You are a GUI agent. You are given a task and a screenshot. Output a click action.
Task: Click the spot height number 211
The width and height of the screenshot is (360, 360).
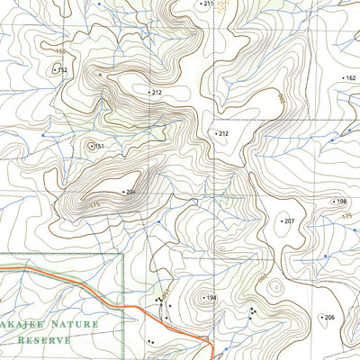[x=209, y=4]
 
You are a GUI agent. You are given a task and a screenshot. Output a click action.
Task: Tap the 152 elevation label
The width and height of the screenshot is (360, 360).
[x=62, y=69]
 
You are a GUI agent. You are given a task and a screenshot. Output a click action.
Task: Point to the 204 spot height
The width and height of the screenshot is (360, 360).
[x=130, y=192]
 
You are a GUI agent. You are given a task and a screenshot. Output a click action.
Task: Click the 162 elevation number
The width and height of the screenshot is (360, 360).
[x=350, y=78]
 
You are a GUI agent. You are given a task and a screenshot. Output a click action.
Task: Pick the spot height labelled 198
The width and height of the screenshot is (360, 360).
[x=342, y=202]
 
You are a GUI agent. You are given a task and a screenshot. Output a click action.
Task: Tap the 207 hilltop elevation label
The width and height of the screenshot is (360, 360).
[x=289, y=220]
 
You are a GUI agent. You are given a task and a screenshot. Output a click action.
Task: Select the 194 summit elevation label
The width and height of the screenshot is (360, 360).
[x=211, y=298]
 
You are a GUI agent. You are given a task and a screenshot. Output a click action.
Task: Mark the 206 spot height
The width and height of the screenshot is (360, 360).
[x=329, y=318]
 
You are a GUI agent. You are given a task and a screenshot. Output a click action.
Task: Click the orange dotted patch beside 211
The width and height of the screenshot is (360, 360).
[x=222, y=5]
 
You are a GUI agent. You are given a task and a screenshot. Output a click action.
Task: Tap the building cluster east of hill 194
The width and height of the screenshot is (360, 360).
[x=252, y=311]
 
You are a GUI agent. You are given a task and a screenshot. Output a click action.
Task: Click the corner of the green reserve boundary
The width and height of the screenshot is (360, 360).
[x=122, y=255]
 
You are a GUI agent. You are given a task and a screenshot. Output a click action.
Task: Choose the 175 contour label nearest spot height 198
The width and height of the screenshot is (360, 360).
[x=347, y=218]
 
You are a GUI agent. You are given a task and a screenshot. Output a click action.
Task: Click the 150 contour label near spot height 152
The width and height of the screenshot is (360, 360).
[x=59, y=54]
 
